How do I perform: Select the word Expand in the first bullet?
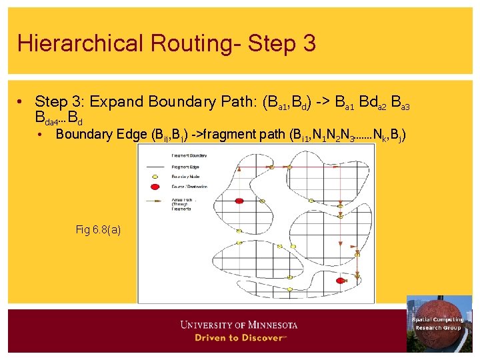pos(117,102)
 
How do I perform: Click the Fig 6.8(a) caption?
pos(98,229)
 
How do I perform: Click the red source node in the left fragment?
pos(240,200)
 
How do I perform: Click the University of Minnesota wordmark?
pos(239,325)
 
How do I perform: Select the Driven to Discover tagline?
pos(239,337)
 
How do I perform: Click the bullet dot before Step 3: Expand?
pos(22,102)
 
